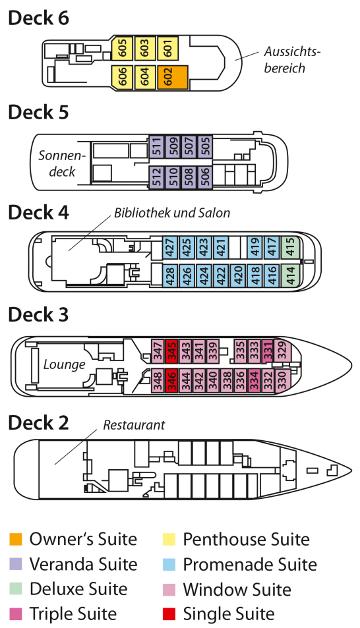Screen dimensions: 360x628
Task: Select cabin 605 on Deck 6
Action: coord(122,47)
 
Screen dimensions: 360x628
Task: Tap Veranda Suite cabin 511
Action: coord(156,146)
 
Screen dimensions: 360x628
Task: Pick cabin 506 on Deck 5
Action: coord(205,177)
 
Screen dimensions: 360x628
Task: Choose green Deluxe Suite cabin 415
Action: coord(291,248)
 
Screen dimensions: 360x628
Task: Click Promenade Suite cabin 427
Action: coord(170,248)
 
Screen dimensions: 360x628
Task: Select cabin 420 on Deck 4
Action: coord(238,275)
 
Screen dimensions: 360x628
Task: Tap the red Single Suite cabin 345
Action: coord(171,351)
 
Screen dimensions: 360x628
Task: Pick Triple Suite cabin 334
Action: coord(254,380)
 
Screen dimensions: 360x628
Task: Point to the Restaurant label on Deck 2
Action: coord(134,425)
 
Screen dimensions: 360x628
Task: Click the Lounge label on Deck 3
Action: coord(64,365)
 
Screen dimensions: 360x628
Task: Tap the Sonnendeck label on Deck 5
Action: coord(62,163)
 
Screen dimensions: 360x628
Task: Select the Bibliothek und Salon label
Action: coord(172,213)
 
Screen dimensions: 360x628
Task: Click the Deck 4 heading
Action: coord(38,212)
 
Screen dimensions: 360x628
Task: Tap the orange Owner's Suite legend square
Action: coord(16,539)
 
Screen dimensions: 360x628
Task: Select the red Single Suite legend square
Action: coord(169,614)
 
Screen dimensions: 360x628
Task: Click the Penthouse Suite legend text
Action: coord(246,540)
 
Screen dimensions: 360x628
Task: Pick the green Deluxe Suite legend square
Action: coord(16,588)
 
